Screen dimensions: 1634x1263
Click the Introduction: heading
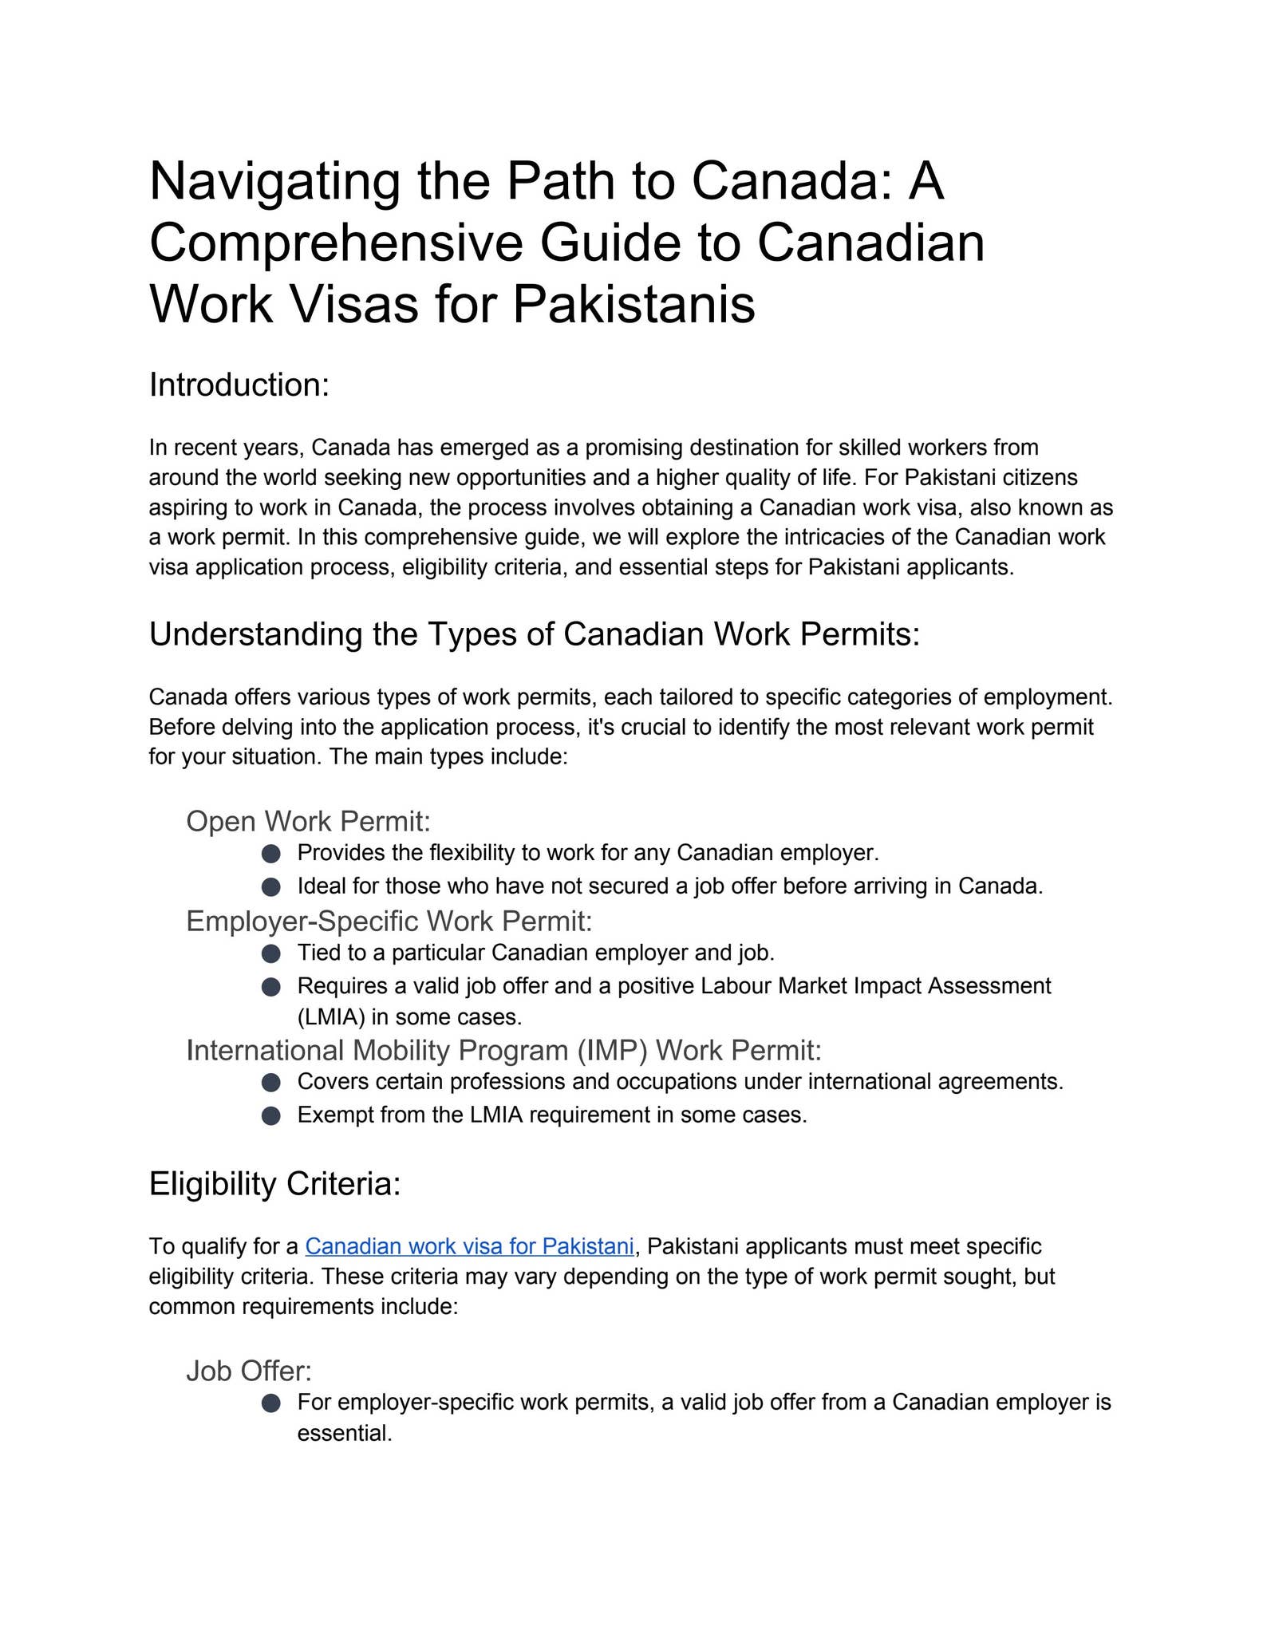pos(239,385)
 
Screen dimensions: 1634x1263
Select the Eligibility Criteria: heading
pos(274,1183)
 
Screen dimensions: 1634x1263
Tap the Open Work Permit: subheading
pos(308,821)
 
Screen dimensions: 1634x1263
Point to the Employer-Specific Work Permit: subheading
pos(389,921)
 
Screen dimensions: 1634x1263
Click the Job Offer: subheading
pos(248,1371)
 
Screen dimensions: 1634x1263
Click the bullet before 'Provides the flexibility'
pos(271,854)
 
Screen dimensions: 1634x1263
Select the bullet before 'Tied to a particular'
pos(271,953)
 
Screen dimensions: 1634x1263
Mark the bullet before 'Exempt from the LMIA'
pos(271,1115)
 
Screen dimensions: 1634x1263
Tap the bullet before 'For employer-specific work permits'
pos(271,1403)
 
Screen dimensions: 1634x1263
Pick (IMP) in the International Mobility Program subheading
pos(613,1051)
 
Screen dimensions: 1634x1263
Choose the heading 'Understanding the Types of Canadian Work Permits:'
pos(534,634)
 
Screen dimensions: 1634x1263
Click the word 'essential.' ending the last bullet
pos(344,1434)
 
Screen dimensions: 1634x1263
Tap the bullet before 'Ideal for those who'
pos(271,886)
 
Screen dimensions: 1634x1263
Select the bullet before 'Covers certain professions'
pos(271,1083)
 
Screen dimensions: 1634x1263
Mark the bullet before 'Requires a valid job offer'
pos(271,987)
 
